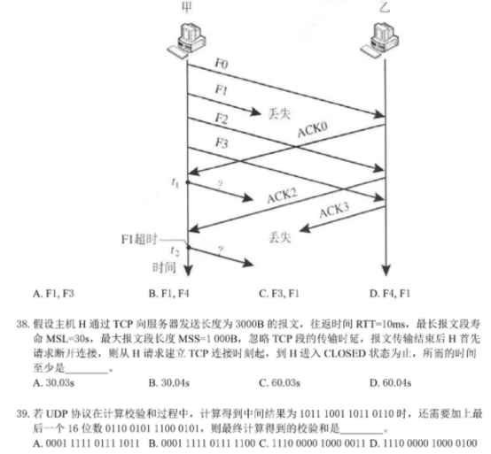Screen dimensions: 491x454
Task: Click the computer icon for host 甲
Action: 186,40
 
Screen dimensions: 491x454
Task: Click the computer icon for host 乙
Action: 380,40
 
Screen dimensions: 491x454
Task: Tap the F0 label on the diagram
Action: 222,64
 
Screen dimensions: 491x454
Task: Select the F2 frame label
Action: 222,119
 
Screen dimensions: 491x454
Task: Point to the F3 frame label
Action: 222,142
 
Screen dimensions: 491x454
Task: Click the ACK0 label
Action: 312,129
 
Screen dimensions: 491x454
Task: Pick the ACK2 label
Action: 282,196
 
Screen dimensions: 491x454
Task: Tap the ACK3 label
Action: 334,210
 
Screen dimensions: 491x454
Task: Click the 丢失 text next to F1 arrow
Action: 279,113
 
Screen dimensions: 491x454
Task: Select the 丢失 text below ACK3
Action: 280,237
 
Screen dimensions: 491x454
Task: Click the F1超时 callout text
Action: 139,239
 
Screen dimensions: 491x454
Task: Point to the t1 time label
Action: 175,182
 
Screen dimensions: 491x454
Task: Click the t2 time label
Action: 175,251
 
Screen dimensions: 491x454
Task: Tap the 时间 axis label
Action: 164,267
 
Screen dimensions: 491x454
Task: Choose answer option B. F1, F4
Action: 168,294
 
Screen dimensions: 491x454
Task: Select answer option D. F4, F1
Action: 390,294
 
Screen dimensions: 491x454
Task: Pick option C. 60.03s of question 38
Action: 279,382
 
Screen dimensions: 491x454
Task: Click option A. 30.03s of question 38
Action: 53,382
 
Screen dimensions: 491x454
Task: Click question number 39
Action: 23,413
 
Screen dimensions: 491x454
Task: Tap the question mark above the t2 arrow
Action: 221,250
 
